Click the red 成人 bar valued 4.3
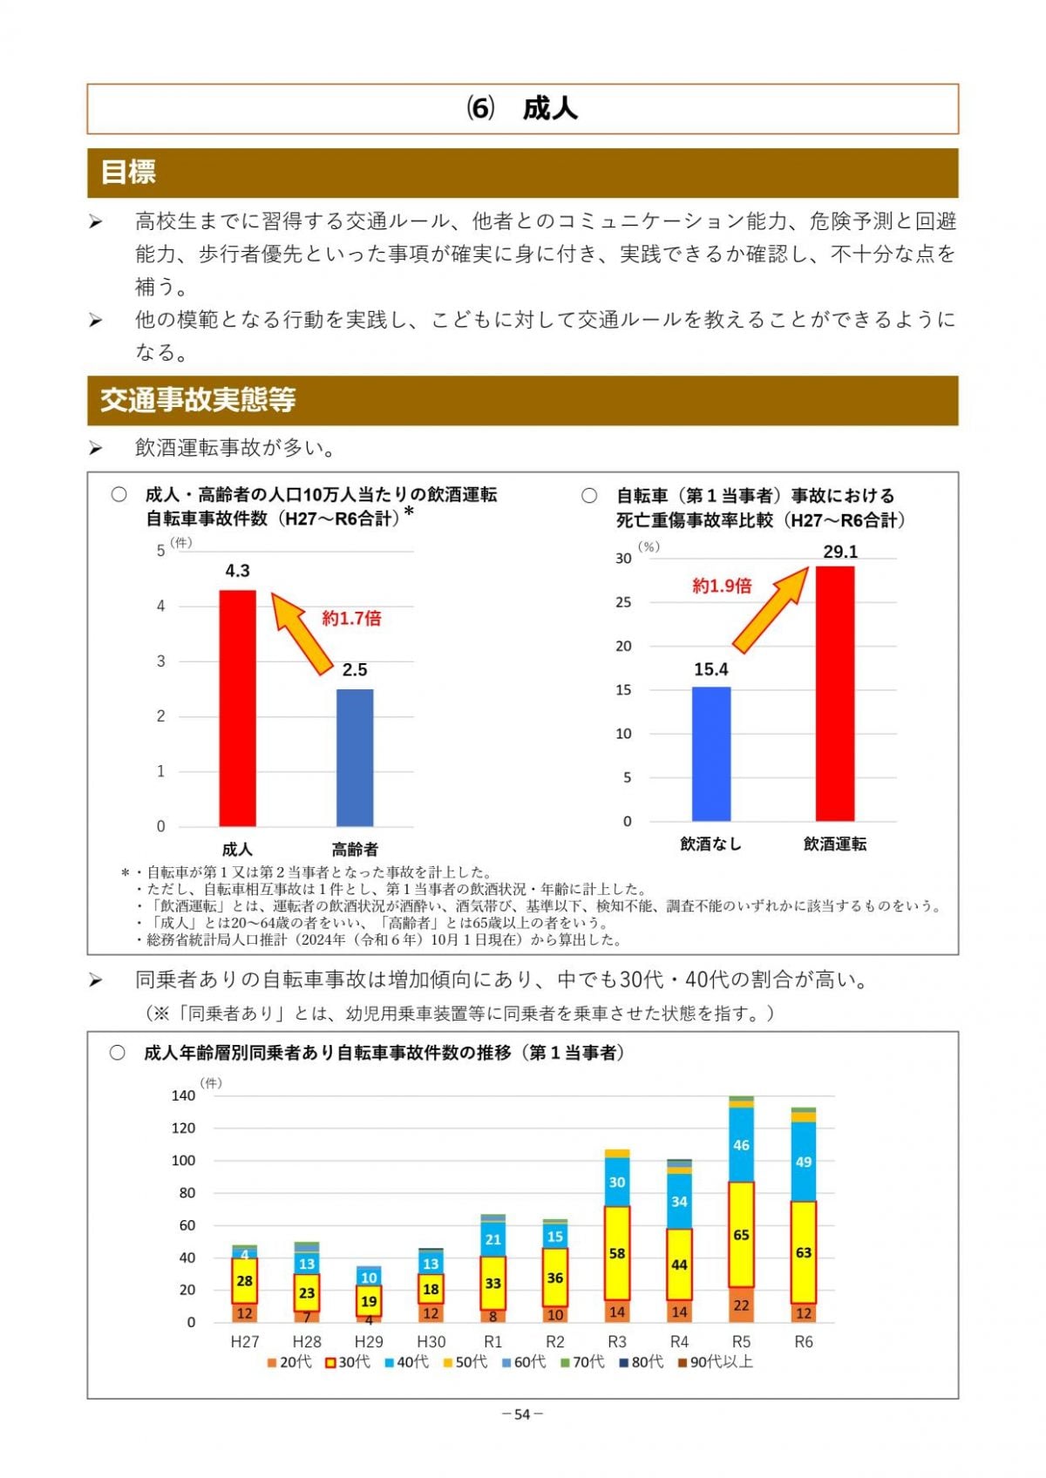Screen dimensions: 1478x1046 [237, 708]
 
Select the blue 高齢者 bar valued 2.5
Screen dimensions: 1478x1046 [355, 757]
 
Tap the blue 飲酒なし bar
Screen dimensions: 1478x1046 [711, 754]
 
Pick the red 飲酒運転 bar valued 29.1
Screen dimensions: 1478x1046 [835, 693]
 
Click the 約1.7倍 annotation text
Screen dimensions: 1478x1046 [351, 619]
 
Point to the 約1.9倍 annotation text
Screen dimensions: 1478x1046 [722, 586]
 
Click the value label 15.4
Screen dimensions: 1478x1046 [711, 669]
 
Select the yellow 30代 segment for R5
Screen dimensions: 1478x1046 [741, 1234]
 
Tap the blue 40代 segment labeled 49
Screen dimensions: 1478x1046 [803, 1162]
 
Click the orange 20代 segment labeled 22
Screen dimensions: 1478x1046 [741, 1305]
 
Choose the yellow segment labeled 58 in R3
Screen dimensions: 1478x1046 [617, 1253]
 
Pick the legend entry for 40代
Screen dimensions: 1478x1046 [406, 1362]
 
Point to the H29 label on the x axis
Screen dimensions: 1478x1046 [369, 1342]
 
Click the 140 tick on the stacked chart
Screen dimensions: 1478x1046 [183, 1095]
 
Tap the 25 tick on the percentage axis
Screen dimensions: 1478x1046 [623, 602]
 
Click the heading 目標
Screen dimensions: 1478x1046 [128, 173]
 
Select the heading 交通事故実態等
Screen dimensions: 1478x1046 [198, 400]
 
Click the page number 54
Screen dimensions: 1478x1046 [522, 1414]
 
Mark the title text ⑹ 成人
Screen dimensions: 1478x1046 [522, 109]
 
